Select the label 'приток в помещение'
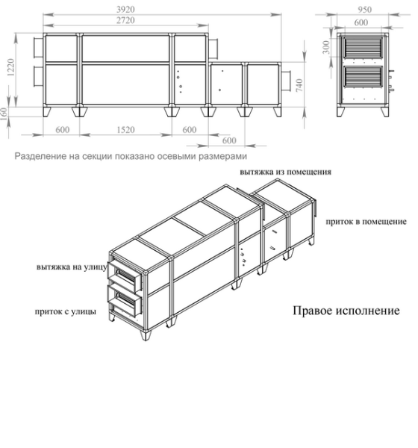(366, 222)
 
